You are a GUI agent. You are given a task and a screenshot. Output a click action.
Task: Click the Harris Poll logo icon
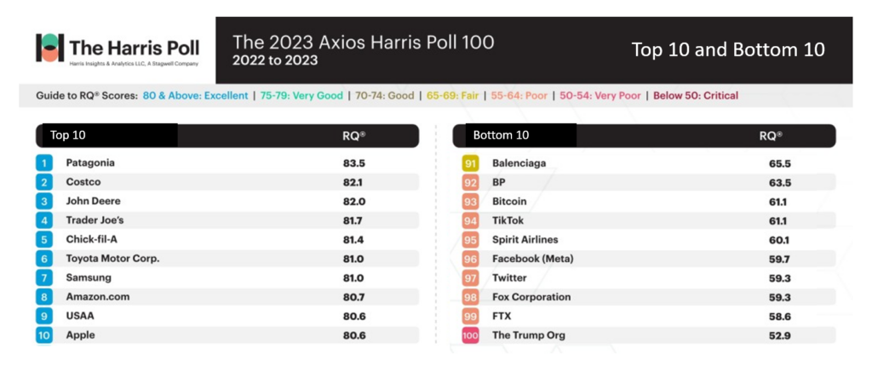[x=49, y=48]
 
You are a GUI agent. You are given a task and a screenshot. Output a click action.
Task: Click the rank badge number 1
[x=43, y=163]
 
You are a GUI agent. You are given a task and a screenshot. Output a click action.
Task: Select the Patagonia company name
[x=90, y=163]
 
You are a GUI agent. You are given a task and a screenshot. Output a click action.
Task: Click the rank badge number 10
[x=43, y=335]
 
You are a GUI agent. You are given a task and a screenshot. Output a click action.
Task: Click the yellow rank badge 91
[x=470, y=163]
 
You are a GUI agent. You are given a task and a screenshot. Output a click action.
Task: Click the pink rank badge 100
[x=470, y=335]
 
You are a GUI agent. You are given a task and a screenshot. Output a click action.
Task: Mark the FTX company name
[x=503, y=316]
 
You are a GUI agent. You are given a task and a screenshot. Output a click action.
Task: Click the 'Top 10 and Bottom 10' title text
[x=727, y=49]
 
